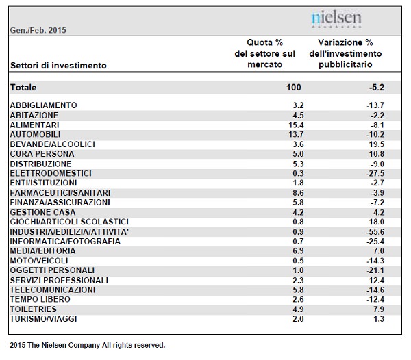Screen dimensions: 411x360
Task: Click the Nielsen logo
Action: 336,19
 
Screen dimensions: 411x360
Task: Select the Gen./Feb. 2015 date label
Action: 38,30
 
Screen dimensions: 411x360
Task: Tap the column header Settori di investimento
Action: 58,66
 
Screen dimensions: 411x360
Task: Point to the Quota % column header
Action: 264,53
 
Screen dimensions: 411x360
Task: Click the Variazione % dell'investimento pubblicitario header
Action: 345,53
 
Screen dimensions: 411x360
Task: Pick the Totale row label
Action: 23,87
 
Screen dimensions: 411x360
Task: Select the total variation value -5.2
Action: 376,87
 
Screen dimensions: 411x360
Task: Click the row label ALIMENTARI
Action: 35,125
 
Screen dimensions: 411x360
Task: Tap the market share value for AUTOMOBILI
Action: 296,135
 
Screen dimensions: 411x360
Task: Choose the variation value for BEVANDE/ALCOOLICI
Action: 376,144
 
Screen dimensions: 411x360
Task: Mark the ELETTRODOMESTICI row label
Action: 51,173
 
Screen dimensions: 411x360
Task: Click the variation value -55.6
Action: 375,232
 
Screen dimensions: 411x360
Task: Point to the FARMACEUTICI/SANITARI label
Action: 60,193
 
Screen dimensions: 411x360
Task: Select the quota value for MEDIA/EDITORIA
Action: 298,250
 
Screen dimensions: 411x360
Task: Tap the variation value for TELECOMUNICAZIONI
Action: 375,290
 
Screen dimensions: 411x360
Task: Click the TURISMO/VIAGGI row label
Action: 44,319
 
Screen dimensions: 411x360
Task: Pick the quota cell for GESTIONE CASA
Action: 298,212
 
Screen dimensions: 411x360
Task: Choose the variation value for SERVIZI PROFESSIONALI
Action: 376,281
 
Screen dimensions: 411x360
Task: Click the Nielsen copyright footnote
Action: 88,346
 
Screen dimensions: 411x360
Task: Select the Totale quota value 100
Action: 294,87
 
